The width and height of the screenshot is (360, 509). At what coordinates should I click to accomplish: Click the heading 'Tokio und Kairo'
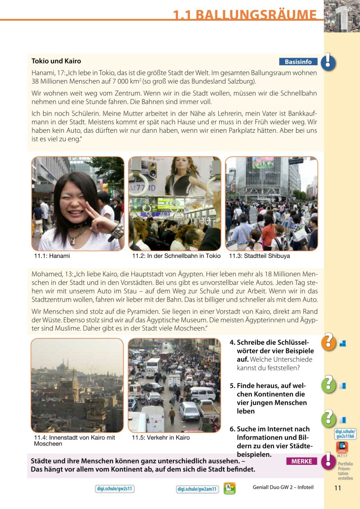56,61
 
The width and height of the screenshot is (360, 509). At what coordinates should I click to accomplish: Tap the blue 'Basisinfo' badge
298,62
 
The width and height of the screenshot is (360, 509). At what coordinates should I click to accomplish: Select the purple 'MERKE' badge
301,461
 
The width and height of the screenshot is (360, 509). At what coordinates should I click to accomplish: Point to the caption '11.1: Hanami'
52,256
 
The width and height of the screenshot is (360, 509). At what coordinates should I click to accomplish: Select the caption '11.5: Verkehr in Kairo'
161,437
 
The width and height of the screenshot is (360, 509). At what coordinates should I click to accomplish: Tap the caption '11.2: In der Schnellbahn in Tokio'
176,256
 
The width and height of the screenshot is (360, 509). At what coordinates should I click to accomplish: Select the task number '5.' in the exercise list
233,386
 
